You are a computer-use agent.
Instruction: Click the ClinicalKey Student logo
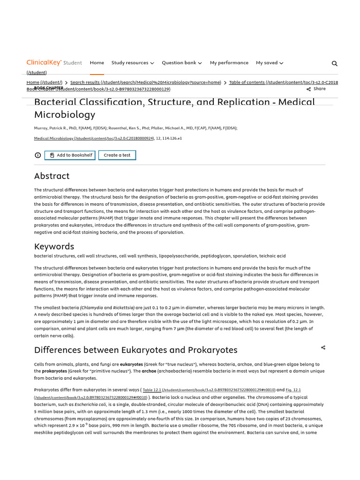pos(54,63)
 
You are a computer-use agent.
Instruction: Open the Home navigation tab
pos(97,63)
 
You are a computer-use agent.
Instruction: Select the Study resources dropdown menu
pos(133,63)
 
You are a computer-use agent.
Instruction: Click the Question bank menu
pos(182,63)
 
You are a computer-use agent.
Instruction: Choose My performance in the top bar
pos(229,63)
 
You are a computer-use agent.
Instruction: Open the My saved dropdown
pos(270,63)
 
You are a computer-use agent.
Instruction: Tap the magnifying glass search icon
pos(334,64)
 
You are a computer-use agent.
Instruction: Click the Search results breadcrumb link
pos(145,82)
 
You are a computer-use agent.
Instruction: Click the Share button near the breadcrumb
pos(316,89)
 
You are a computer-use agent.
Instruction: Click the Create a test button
pos(117,155)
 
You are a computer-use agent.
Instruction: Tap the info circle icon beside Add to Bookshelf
pos(38,155)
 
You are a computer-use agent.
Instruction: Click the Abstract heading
pos(52,176)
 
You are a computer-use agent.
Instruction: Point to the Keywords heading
pos(54,247)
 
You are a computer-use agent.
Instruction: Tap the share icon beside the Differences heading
pos(323,348)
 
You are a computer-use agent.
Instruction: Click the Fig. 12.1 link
pos(293,390)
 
